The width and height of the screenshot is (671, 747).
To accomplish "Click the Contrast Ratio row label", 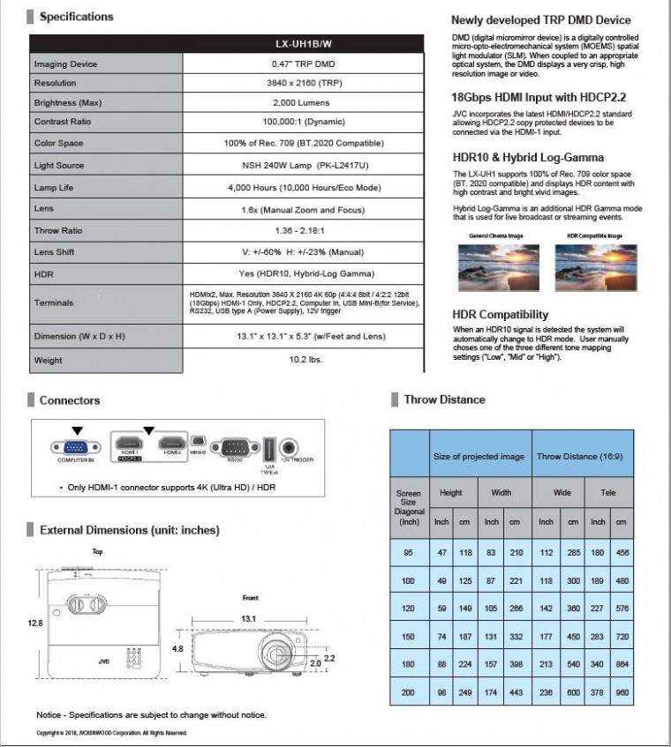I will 63,123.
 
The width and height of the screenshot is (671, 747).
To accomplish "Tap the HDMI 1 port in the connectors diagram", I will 130,442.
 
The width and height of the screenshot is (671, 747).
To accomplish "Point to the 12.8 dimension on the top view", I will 35,623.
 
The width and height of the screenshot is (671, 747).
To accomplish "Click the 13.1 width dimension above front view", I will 249,618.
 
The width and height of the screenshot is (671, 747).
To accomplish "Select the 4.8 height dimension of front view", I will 177,649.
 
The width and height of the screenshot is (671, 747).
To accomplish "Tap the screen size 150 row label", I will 408,637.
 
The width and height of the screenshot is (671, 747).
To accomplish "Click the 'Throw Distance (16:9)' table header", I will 583,456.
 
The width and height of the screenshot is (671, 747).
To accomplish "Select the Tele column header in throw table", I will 608,492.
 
